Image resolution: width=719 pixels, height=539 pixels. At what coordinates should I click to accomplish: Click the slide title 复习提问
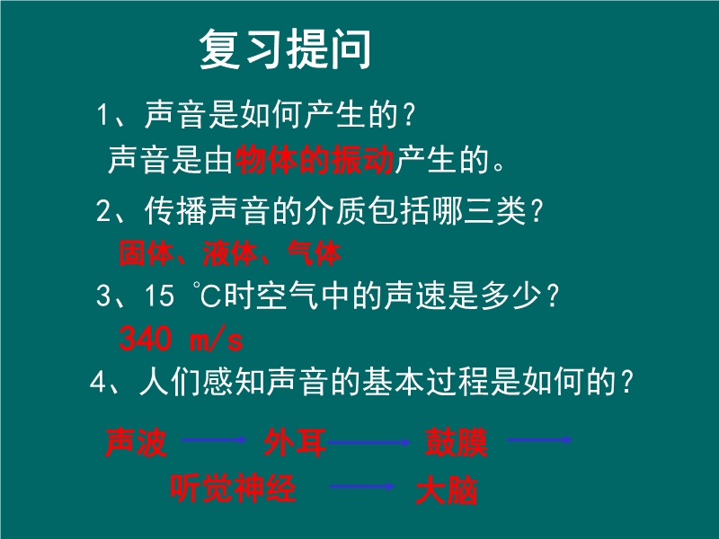[285, 49]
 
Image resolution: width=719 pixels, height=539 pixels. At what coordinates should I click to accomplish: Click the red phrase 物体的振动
[315, 160]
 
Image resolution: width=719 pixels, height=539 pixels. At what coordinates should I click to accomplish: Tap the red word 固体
[146, 253]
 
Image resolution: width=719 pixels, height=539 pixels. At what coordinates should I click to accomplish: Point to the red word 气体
[314, 253]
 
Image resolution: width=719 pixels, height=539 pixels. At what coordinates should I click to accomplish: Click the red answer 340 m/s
[181, 340]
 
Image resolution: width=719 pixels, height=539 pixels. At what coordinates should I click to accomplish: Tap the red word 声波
[136, 442]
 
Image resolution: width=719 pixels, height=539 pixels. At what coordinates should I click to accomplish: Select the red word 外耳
[295, 442]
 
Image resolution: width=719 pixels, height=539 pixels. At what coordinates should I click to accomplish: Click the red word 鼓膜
[456, 442]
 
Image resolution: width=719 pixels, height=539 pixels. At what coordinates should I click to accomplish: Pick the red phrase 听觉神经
[233, 488]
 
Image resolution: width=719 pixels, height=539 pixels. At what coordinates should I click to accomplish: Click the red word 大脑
[447, 490]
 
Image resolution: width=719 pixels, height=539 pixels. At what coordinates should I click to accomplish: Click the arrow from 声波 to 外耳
[214, 440]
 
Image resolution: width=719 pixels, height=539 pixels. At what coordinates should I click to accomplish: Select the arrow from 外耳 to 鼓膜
[369, 442]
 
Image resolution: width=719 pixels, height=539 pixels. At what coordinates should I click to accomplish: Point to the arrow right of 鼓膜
[540, 440]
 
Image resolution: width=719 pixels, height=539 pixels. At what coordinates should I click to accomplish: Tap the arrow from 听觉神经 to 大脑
[362, 486]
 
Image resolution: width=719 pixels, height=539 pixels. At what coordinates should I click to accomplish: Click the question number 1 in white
[102, 115]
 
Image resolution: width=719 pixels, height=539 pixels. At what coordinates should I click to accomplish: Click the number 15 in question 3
[159, 295]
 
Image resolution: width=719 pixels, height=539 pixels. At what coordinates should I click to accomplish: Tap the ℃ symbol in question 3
[208, 295]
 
